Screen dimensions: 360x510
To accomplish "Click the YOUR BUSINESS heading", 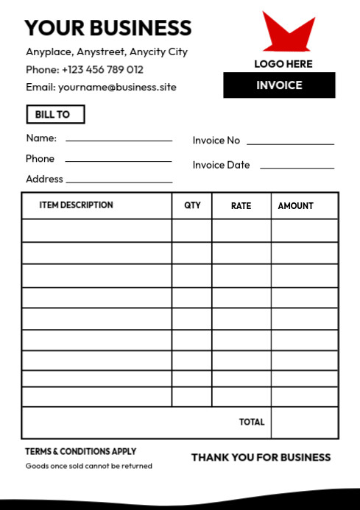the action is point(107,28).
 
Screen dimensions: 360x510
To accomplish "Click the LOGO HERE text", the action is point(283,64).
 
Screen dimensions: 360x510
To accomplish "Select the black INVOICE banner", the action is point(279,85).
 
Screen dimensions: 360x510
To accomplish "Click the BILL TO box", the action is point(55,115).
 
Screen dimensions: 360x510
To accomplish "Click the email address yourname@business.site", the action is point(117,88).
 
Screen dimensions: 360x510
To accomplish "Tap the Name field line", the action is point(119,139).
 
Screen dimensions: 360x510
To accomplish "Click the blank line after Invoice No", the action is point(290,143).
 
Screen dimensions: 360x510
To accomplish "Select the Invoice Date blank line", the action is point(297,168).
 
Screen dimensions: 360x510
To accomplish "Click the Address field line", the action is point(119,181).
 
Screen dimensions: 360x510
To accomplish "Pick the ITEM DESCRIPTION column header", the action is point(77,205).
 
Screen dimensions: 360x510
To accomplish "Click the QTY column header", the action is point(192,206).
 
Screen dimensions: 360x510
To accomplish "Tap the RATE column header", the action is point(241,206).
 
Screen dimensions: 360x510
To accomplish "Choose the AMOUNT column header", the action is point(295,206).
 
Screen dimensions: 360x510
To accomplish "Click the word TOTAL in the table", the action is point(252,422).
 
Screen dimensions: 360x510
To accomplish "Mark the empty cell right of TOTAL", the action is point(305,422).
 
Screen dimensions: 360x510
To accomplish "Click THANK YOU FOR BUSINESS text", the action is point(261,458).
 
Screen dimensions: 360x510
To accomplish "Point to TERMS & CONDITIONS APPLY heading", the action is point(81,452).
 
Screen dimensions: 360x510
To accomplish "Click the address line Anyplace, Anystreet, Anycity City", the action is point(107,52).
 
